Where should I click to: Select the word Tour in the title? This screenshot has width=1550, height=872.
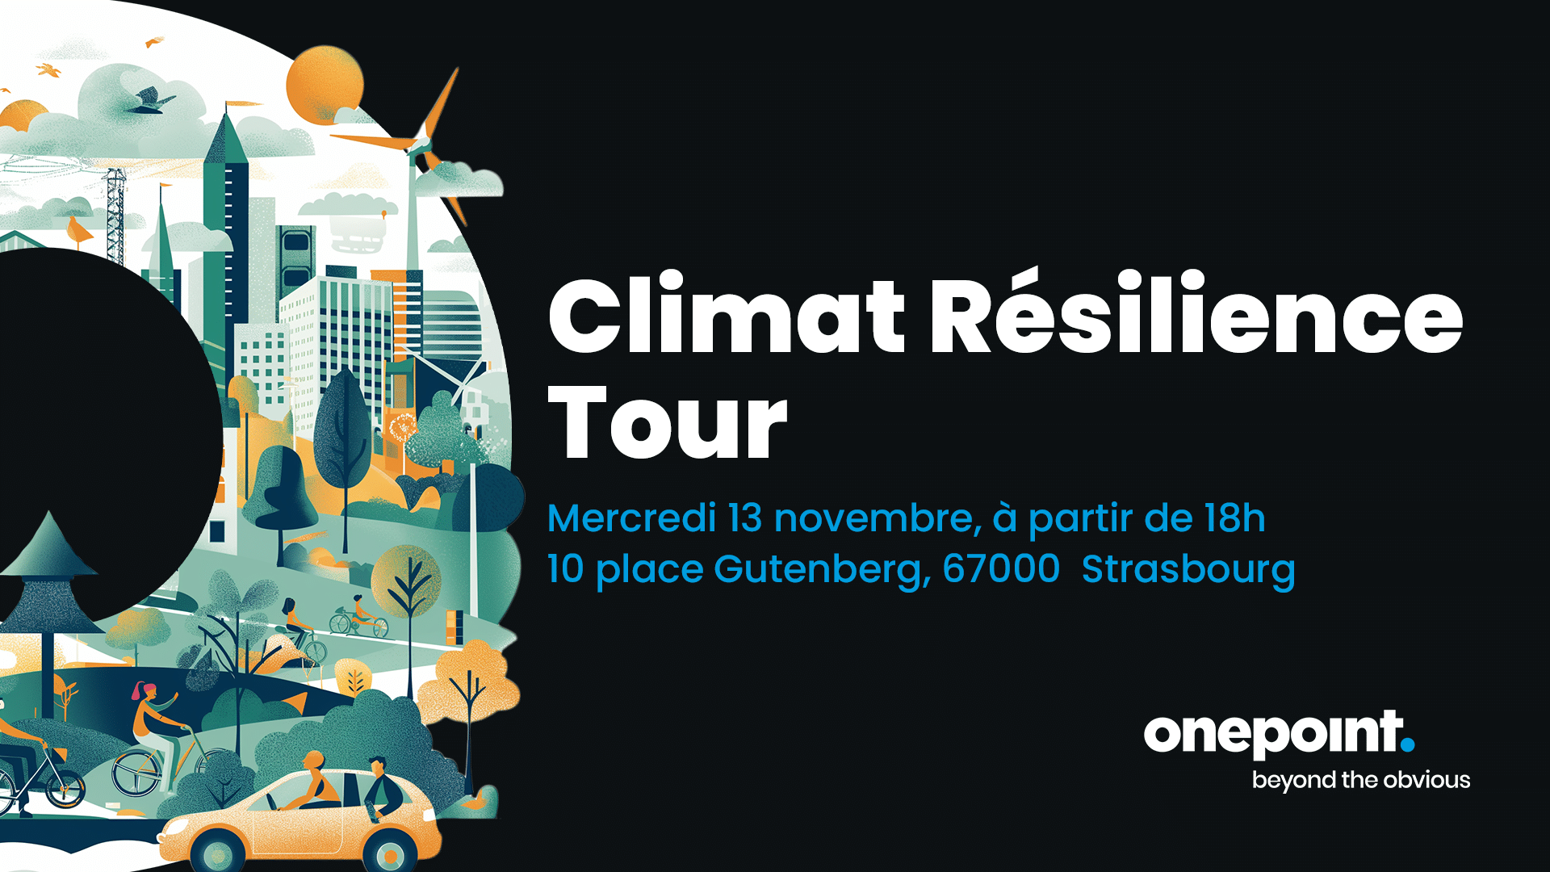click(668, 421)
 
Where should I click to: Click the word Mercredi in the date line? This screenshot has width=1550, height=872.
click(632, 518)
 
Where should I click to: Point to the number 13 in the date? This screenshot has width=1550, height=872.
click(745, 518)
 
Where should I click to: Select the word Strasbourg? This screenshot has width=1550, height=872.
click(1188, 571)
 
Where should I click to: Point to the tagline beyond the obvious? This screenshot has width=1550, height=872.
click(1361, 780)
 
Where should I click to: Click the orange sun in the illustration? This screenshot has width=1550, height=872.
click(325, 82)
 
